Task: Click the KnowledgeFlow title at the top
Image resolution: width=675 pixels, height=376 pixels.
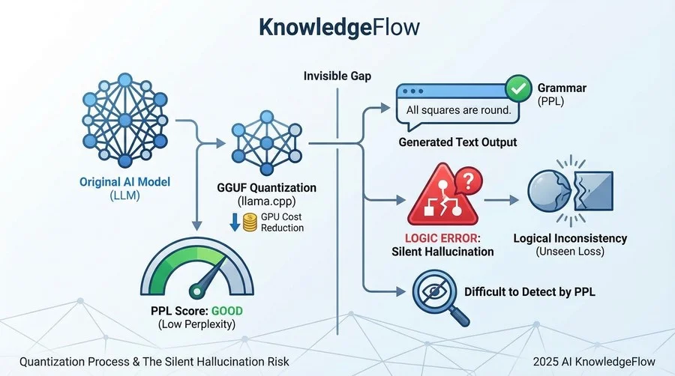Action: tap(339, 28)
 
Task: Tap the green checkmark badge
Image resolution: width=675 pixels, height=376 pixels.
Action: tap(517, 88)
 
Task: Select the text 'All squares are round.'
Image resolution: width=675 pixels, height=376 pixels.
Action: tap(458, 110)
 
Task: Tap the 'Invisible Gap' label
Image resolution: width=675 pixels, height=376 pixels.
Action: tap(337, 76)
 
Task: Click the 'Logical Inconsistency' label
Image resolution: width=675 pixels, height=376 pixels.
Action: tap(570, 238)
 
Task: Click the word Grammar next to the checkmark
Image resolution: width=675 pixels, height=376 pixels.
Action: tap(562, 88)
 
